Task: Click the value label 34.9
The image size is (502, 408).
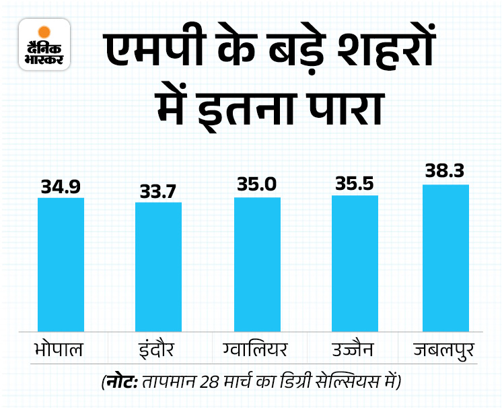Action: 61,186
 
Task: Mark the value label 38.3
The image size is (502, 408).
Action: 445,173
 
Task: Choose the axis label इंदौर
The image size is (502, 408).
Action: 159,352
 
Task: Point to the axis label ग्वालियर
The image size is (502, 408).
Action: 258,352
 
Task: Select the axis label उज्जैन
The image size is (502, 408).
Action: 356,352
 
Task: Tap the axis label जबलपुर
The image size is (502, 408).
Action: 445,352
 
